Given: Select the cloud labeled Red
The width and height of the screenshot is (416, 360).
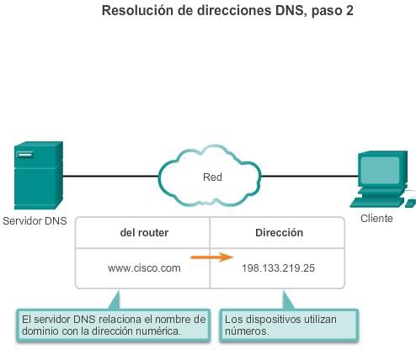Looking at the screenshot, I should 211,177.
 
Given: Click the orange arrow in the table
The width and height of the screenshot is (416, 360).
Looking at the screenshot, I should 211,258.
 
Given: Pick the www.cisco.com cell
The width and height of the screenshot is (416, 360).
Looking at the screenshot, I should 144,268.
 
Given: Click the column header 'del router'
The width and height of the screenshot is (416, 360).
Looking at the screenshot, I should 144,233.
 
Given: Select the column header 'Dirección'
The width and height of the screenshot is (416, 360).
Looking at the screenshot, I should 279,233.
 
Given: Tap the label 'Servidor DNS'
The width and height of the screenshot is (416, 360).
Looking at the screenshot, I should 34,222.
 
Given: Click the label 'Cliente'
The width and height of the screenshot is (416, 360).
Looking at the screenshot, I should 376,219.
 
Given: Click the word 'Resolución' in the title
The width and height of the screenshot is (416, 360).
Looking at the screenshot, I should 136,12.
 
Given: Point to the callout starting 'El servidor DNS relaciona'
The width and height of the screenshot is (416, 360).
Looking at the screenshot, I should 114,326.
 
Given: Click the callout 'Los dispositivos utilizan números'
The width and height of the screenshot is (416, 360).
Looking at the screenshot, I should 289,326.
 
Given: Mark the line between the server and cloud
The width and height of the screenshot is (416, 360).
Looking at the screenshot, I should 109,177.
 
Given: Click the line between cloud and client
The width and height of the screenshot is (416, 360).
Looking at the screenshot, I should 307,177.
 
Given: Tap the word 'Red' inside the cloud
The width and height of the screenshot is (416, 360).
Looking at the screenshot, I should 212,177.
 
